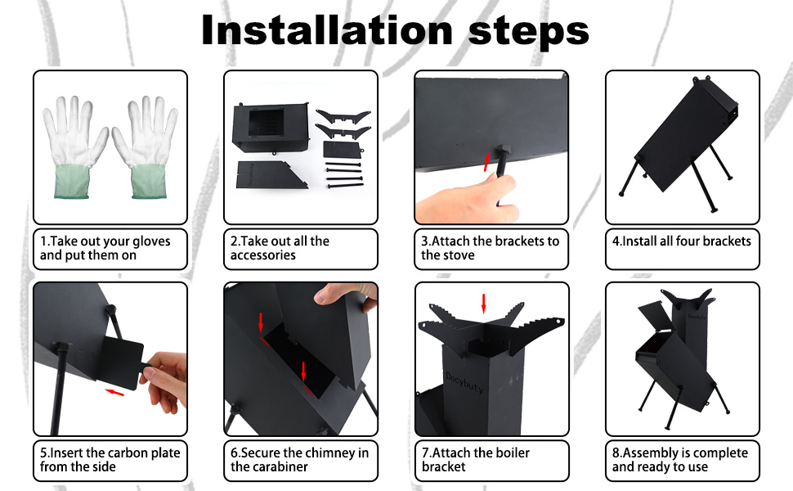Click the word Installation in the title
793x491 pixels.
pyautogui.click(x=327, y=30)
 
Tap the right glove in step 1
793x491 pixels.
pyautogui.click(x=146, y=146)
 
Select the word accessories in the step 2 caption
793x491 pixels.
pyautogui.click(x=263, y=255)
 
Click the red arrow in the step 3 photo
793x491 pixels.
pyautogui.click(x=487, y=163)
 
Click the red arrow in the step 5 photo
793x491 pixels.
pyautogui.click(x=114, y=392)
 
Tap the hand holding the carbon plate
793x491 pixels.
pyautogui.click(x=165, y=381)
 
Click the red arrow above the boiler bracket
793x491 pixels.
pyautogui.click(x=483, y=304)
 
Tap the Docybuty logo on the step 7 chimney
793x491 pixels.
pyautogui.click(x=464, y=381)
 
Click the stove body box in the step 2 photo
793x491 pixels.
pyautogui.click(x=271, y=128)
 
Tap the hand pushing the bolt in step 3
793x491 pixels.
pyautogui.click(x=465, y=198)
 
